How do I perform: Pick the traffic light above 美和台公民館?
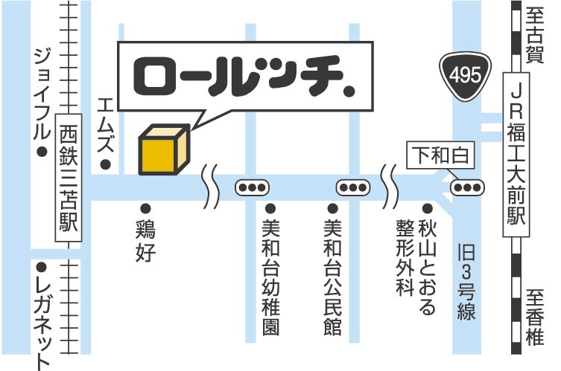pyautogui.click(x=353, y=187)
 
